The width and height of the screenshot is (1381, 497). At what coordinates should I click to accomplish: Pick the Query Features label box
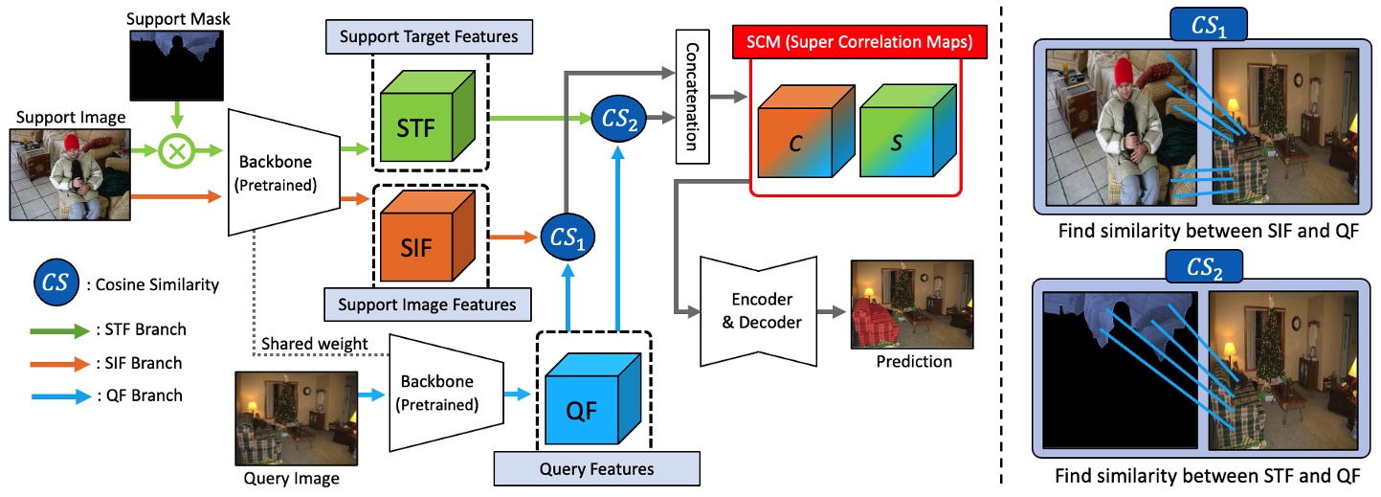(x=596, y=468)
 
